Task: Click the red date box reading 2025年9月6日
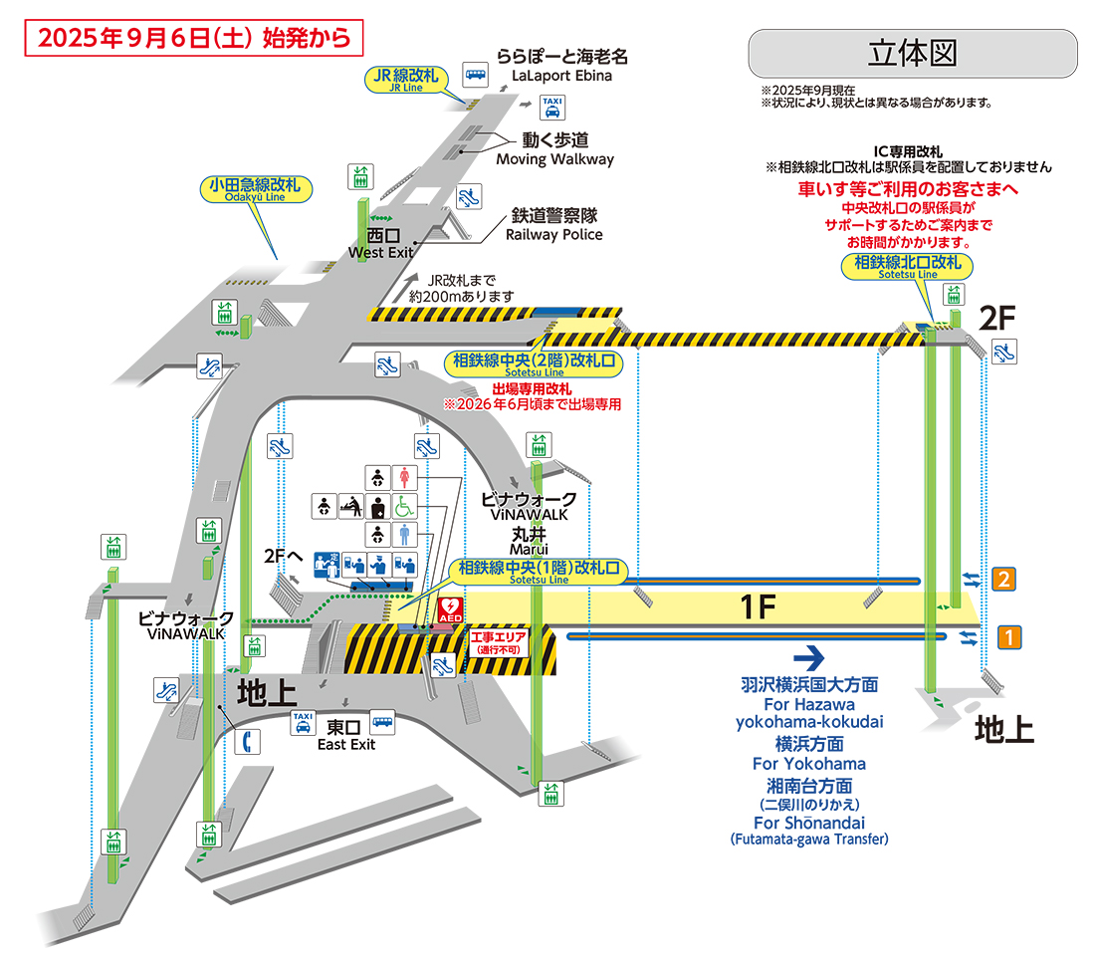point(193,37)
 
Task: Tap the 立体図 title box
point(912,54)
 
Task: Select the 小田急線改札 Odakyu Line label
point(256,188)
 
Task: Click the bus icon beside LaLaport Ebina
point(476,75)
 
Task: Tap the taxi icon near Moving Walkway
point(551,106)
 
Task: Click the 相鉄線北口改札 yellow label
point(908,265)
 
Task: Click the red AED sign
point(449,610)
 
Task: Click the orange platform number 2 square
point(1006,579)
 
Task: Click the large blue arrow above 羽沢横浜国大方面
point(809,657)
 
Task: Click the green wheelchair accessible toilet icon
point(405,506)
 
